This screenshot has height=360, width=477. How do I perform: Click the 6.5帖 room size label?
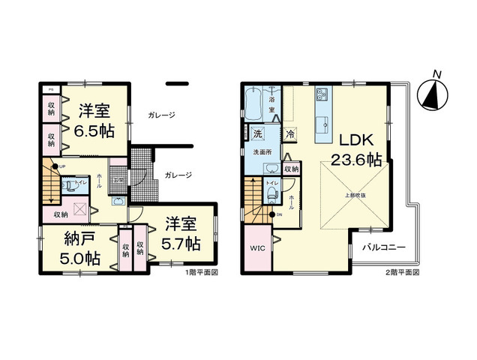94,129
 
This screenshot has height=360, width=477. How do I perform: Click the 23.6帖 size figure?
358,160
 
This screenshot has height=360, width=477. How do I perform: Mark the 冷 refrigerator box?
290,135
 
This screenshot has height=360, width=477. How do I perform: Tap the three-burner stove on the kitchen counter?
323,94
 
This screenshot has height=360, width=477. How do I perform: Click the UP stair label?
61,166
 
